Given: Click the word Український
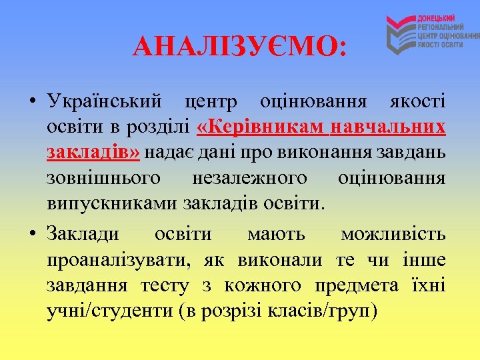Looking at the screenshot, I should point(105,102).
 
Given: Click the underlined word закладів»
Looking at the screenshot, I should point(93,153).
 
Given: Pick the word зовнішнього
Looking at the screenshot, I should point(104,178).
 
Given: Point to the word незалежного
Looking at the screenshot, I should point(249,178).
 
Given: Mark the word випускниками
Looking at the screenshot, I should point(113,203).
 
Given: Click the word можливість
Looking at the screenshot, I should point(393,234).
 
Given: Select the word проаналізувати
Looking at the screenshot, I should point(113,259).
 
